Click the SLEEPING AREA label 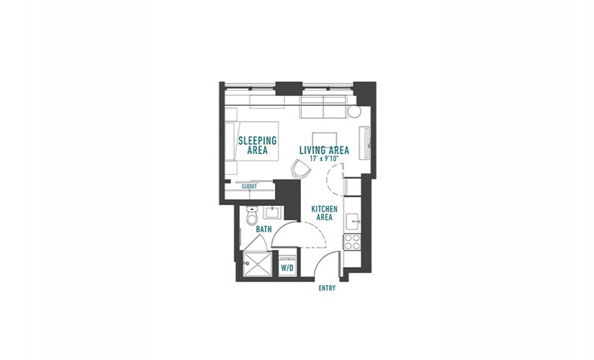[258, 145]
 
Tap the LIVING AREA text [324, 150]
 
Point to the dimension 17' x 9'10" [324, 159]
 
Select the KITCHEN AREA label [324, 213]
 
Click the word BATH [264, 229]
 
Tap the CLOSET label [249, 186]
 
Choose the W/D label [287, 269]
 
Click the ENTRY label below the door [327, 289]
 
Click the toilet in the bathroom [251, 215]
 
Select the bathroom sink [272, 212]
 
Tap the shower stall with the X [258, 264]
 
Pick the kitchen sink [352, 222]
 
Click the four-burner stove [352, 242]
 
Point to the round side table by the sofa [354, 112]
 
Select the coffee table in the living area [325, 140]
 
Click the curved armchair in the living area [301, 169]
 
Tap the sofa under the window [323, 107]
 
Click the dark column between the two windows [289, 89]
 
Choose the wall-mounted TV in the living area [366, 143]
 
